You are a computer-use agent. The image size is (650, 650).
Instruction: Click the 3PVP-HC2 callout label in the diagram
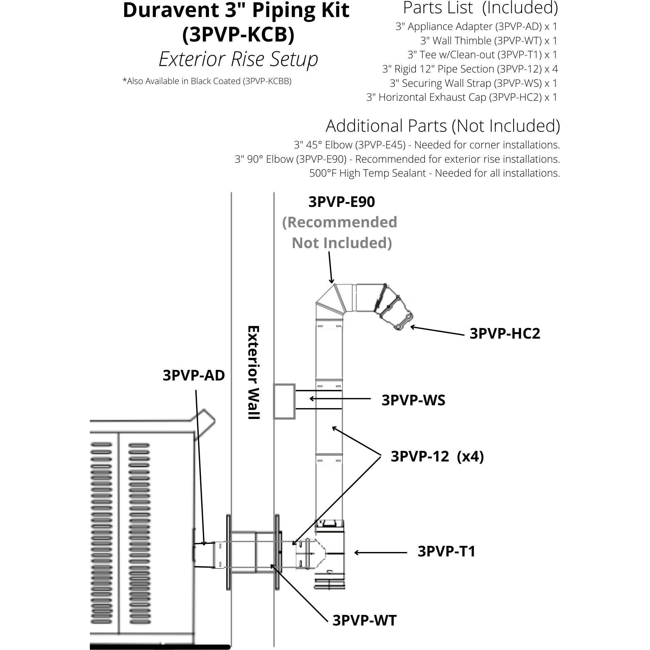[x=505, y=334]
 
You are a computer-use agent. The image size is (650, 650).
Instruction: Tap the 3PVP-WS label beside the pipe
[x=413, y=400]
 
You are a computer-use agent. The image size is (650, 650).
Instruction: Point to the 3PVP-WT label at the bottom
[x=364, y=620]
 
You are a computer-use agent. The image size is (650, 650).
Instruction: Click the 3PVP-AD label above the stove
[x=194, y=376]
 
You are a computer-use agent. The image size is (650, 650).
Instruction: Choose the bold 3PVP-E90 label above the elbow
[x=341, y=202]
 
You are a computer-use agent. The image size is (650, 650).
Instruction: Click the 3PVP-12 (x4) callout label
[x=437, y=457]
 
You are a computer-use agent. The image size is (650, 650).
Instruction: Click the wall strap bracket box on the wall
[x=284, y=401]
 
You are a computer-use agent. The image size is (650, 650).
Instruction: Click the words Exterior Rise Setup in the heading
[x=238, y=59]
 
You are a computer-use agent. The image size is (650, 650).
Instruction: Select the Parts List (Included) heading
[x=481, y=8]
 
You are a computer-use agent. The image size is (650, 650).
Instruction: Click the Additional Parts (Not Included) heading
[x=443, y=126]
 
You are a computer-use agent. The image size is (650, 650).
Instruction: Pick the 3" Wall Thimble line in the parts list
[x=489, y=41]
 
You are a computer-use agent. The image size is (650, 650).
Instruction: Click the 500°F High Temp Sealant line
[x=434, y=173]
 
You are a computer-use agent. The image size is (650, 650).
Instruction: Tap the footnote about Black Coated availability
[x=207, y=81]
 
